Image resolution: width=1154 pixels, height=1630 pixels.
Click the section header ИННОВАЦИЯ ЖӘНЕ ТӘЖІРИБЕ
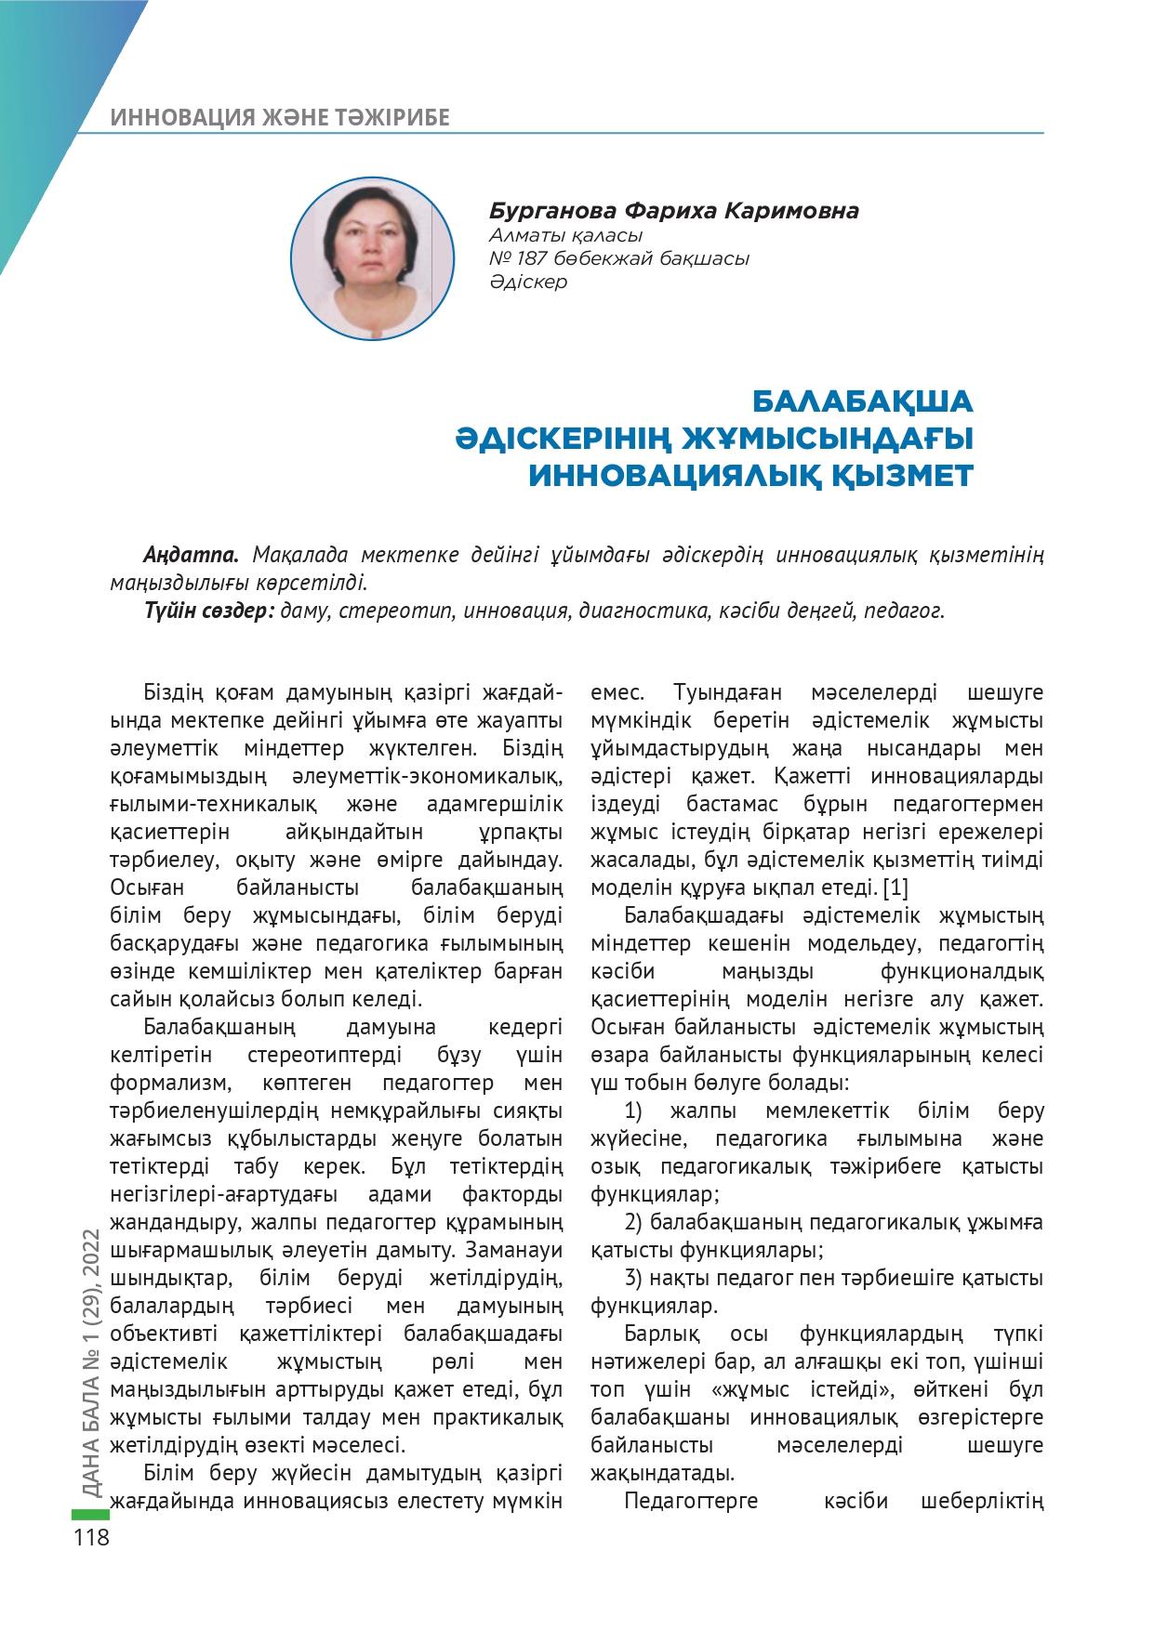tap(280, 117)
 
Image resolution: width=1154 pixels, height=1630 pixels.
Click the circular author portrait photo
tap(372, 258)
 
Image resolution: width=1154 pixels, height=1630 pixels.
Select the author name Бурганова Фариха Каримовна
tap(673, 212)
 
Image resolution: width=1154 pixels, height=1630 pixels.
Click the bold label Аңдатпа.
tap(192, 555)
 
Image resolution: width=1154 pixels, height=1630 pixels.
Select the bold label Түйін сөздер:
tap(207, 611)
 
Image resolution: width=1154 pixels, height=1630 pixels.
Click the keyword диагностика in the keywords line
tap(645, 611)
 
